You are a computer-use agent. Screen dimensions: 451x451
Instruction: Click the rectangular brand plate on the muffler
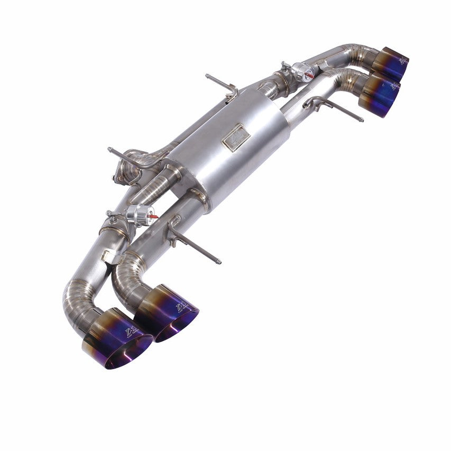tap(236, 137)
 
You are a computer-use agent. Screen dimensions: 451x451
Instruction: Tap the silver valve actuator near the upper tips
tap(301, 72)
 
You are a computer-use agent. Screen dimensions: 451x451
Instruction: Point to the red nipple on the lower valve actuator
tap(154, 216)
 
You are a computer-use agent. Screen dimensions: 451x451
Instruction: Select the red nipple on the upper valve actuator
tap(310, 76)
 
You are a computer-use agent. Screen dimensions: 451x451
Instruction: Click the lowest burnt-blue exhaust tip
tap(117, 339)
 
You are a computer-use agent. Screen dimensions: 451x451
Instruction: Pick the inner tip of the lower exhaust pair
tap(167, 313)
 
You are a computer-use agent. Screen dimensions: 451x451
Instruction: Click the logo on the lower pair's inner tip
tap(181, 306)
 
